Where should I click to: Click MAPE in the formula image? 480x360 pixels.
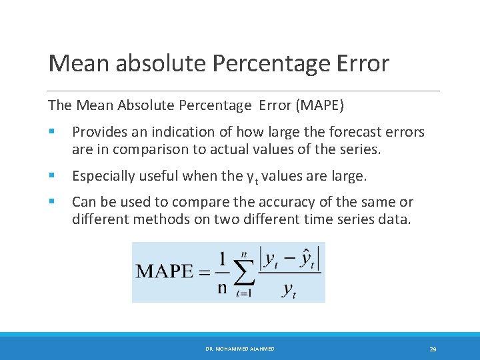[x=164, y=272]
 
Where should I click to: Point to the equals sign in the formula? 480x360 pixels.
[x=204, y=272]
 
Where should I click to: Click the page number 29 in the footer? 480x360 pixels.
[x=433, y=349]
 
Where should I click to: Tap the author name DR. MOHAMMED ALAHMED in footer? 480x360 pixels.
[x=240, y=349]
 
